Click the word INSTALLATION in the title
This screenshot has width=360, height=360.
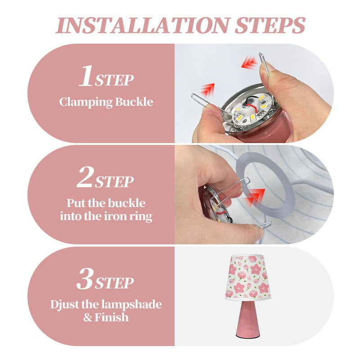(x=143, y=25)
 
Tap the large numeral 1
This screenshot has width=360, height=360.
(x=85, y=76)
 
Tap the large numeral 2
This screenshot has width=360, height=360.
(x=85, y=177)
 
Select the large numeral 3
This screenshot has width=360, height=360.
(x=85, y=278)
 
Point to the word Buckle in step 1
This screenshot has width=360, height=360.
(x=134, y=102)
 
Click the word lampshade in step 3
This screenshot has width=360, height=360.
(x=131, y=305)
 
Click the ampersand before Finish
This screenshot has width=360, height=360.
(x=87, y=318)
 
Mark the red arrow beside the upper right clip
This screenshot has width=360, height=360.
(x=249, y=62)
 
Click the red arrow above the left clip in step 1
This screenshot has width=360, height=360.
(x=208, y=90)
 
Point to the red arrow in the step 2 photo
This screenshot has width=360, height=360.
(x=255, y=197)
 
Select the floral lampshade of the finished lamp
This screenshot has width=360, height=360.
(x=248, y=277)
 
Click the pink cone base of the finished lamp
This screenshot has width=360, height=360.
(x=248, y=319)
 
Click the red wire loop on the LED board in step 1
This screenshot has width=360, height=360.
(x=249, y=105)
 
